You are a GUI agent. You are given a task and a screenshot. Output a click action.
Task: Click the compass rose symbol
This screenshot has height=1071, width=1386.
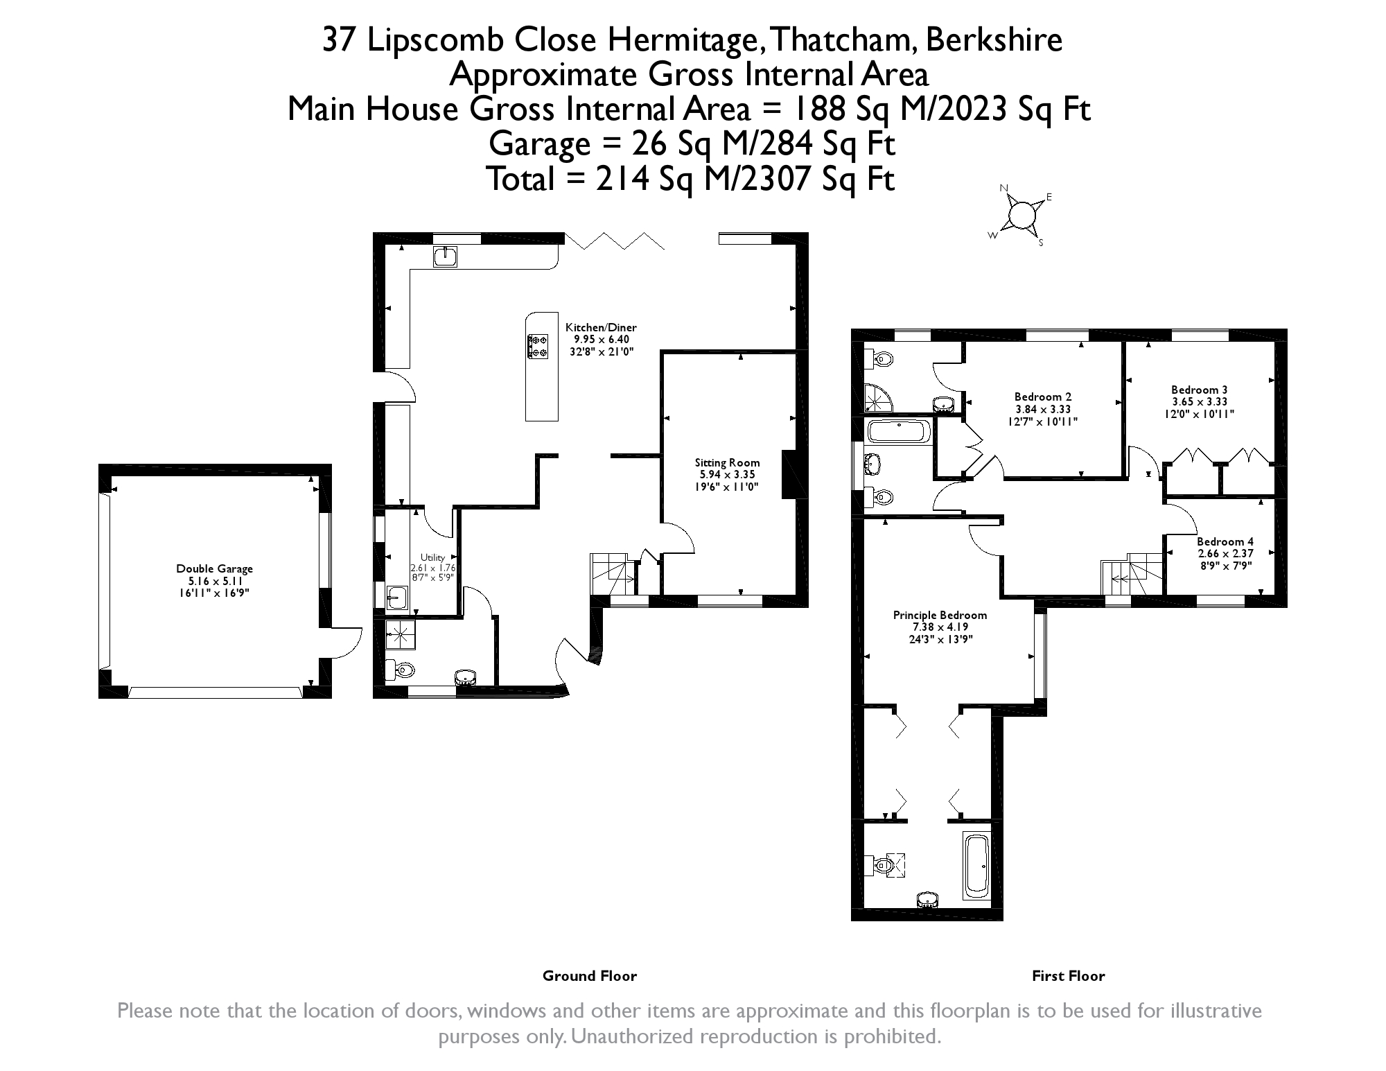[1021, 215]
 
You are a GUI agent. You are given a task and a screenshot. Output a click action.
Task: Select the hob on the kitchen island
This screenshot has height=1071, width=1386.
[538, 347]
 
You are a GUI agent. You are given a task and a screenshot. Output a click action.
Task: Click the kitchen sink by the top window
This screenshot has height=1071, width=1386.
[444, 256]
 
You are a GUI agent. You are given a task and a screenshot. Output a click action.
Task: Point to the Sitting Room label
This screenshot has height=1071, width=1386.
[727, 475]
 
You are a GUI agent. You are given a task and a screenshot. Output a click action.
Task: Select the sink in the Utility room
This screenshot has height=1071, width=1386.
[396, 597]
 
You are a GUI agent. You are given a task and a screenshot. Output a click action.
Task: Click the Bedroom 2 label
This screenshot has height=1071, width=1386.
[1043, 409]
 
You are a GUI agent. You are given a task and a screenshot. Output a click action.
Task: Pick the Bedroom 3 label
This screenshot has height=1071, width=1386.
[1200, 402]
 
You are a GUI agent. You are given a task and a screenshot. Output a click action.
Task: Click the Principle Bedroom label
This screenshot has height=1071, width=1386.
[940, 627]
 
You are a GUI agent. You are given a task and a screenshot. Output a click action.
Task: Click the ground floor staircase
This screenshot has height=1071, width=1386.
[614, 574]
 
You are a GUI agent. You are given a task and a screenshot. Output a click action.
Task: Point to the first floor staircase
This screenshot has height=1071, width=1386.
[1132, 574]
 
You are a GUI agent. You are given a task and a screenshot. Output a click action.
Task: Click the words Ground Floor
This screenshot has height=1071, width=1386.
[590, 976]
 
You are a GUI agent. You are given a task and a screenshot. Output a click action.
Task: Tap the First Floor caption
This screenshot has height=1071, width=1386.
[1069, 976]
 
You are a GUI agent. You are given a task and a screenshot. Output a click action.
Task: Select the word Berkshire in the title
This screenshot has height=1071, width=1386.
[994, 40]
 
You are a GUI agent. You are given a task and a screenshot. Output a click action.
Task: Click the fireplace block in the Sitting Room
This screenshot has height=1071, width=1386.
[789, 474]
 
